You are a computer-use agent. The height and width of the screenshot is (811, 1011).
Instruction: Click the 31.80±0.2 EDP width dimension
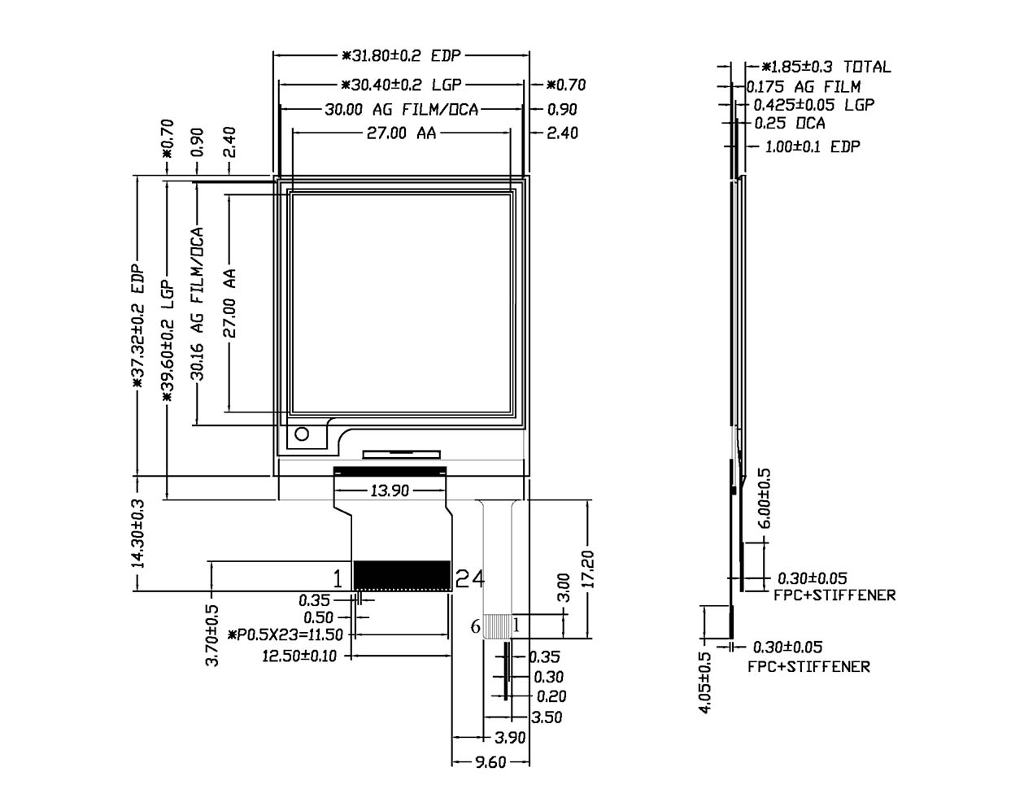tap(401, 56)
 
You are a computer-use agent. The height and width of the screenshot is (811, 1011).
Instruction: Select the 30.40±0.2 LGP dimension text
tap(401, 84)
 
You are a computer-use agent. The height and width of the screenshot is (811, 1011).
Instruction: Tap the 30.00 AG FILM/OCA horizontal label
tap(401, 109)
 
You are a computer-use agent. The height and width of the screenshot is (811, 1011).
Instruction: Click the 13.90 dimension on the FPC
tap(390, 490)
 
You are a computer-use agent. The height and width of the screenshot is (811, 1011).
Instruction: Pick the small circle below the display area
tap(303, 434)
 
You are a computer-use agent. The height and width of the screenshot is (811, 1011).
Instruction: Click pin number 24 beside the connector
tap(469, 578)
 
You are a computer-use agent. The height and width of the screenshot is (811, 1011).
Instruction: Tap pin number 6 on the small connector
tap(475, 626)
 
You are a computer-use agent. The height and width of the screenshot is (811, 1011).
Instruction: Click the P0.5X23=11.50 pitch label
tap(286, 634)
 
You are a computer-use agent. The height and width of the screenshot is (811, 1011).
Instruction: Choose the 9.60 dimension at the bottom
tap(490, 761)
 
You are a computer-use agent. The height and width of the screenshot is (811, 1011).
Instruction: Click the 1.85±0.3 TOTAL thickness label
tap(826, 67)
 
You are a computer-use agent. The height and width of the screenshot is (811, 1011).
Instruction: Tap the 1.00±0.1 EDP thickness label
tap(813, 146)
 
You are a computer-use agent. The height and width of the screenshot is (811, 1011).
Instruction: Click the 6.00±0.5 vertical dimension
tap(765, 498)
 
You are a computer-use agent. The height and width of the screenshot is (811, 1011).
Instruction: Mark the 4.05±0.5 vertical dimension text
tap(705, 682)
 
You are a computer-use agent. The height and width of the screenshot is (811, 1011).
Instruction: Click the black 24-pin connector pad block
tap(402, 575)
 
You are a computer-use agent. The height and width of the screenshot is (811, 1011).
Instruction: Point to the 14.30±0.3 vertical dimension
tap(137, 533)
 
